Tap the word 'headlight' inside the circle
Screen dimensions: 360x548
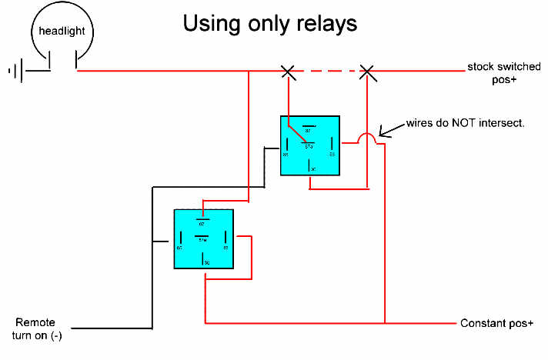62,32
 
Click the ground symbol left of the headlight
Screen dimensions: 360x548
16,72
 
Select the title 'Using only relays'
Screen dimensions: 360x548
269,23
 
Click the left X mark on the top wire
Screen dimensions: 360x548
288,72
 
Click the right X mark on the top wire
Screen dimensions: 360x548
368,72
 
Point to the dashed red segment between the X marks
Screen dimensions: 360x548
328,72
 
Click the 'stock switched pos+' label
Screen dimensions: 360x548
501,73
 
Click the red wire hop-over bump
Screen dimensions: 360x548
368,138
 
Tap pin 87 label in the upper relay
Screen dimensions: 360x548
309,130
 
